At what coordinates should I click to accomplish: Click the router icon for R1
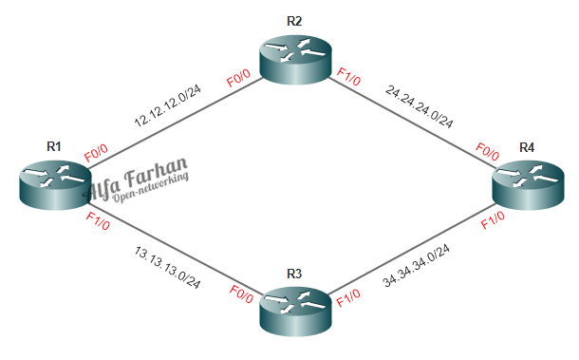[x=53, y=181]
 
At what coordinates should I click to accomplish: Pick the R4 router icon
[x=528, y=181]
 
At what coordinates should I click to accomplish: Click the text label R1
[x=54, y=146]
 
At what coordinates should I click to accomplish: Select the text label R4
[x=528, y=146]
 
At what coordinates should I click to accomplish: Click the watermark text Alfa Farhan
[x=140, y=178]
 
